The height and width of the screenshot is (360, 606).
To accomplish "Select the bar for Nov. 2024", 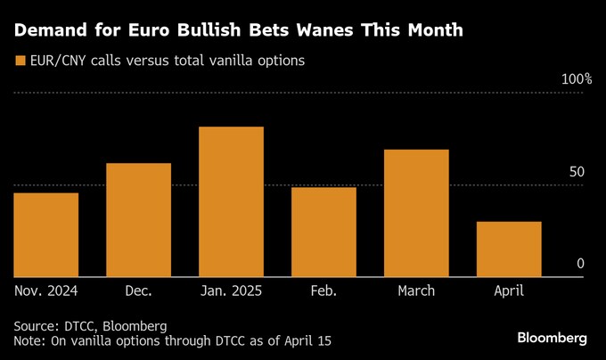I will (x=46, y=234).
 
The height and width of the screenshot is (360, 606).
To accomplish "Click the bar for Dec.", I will (x=138, y=220).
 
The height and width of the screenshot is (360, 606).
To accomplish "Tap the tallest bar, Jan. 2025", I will (x=231, y=201).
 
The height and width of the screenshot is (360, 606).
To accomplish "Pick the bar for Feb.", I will (x=323, y=232).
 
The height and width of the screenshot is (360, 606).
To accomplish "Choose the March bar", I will (x=416, y=213).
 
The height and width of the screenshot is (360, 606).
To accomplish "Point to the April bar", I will (x=509, y=249).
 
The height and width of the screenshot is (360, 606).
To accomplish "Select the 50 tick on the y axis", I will (x=577, y=171).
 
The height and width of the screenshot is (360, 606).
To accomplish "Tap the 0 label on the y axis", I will (x=580, y=264).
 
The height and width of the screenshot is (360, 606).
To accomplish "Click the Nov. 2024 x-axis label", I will (x=46, y=290).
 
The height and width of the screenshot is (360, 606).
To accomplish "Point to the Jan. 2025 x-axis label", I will (x=231, y=290).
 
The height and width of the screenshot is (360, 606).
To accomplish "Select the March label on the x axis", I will (x=416, y=290).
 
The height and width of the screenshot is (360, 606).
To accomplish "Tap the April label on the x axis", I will (x=508, y=290).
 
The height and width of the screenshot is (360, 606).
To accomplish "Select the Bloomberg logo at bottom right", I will (x=553, y=338).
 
